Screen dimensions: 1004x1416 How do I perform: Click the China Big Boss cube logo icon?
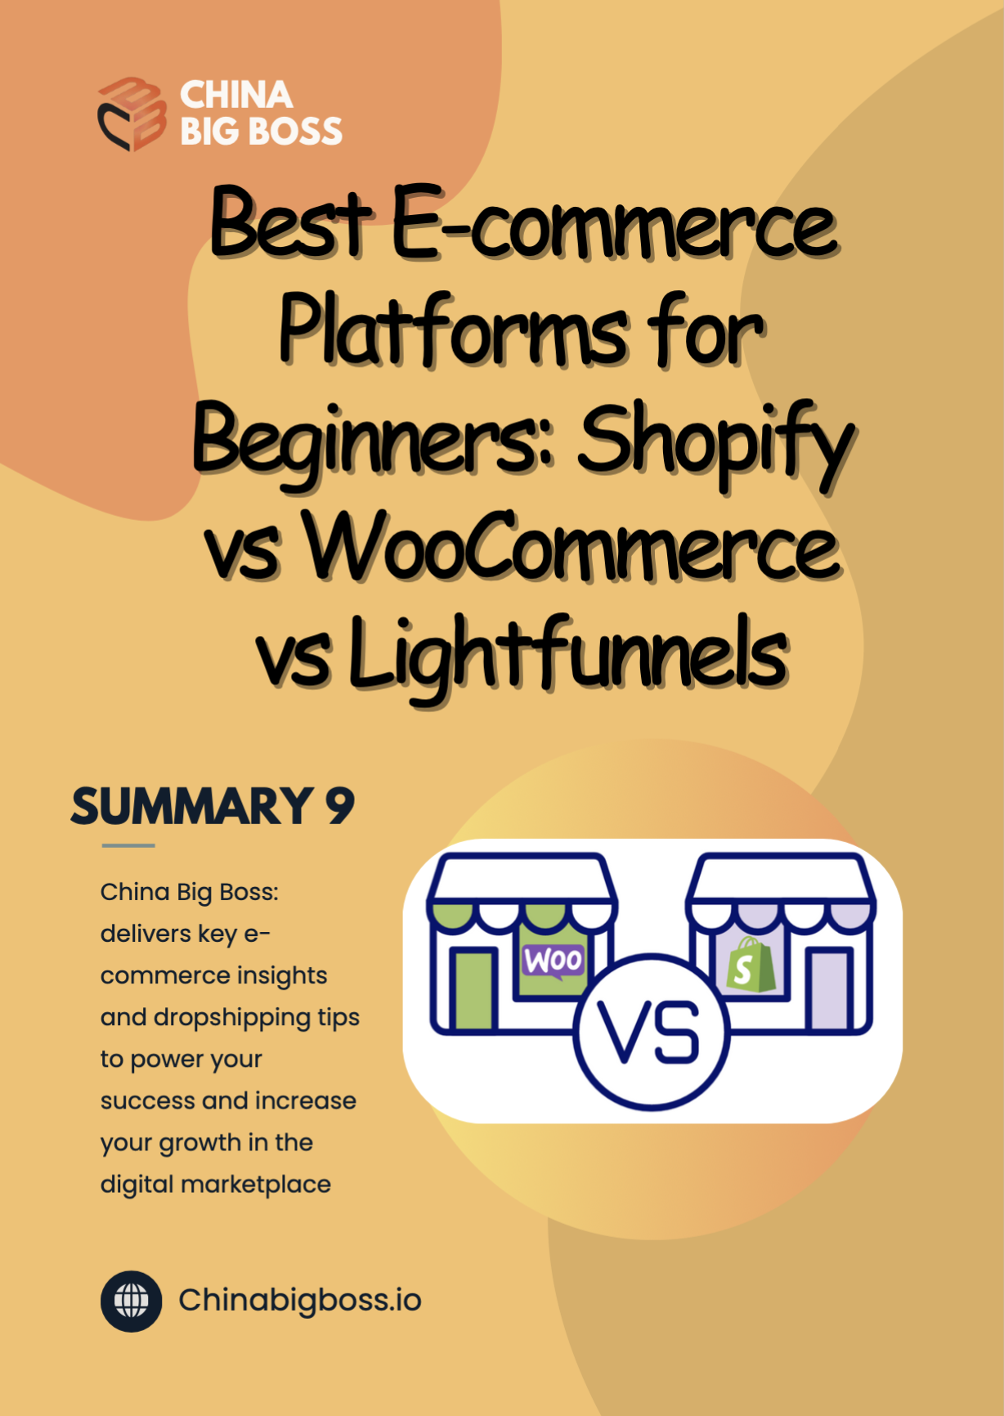tap(132, 114)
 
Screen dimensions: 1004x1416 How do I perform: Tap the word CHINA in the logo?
tap(236, 95)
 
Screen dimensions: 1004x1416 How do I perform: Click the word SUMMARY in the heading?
tap(193, 806)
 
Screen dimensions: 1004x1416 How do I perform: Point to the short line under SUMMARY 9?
tap(128, 845)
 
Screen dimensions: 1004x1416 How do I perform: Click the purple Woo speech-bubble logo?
tap(554, 962)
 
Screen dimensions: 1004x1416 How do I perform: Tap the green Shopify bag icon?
tap(751, 966)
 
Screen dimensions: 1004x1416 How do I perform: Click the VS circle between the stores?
tap(651, 1032)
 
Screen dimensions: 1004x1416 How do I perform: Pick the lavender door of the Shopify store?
tap(828, 989)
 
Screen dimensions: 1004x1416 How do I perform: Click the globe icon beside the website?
tap(131, 1301)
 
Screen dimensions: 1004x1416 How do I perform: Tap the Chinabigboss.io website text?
tap(300, 1301)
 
